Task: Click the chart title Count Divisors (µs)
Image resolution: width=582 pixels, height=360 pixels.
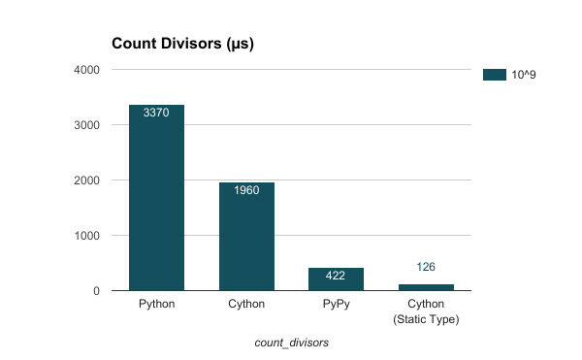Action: pos(183,44)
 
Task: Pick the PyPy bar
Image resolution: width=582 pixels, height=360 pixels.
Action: pos(336,279)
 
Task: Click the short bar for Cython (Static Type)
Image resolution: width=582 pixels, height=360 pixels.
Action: pos(426,287)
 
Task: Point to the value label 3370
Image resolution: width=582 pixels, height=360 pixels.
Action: pos(156,113)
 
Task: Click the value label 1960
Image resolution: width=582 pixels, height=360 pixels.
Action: pos(246,190)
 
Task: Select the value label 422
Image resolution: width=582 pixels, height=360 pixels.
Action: pos(336,276)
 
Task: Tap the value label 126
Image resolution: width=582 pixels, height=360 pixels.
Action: pos(426,267)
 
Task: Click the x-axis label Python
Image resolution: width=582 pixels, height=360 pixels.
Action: pos(156,305)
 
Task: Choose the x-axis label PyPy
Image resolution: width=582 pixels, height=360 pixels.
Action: pos(336,305)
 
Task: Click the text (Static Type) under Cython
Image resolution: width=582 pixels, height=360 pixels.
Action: pos(426,319)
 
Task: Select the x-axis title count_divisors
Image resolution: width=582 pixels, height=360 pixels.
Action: pos(291,343)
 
